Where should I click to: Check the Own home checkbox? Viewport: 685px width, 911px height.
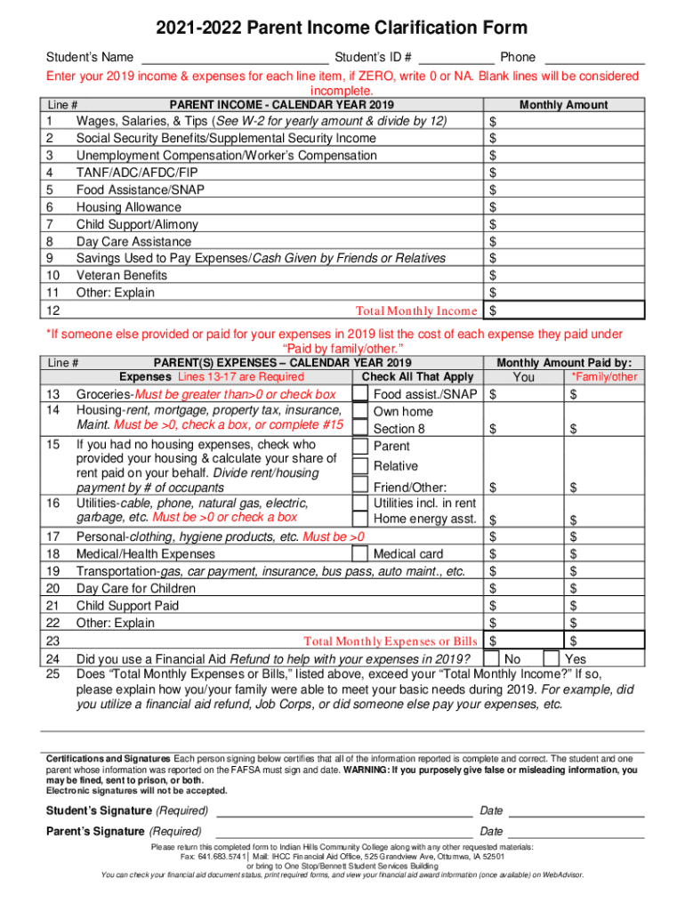359,412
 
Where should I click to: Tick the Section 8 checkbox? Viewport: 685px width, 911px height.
359,429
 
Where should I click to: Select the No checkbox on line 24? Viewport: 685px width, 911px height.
490,658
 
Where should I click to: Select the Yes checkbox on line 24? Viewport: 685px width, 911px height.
551,658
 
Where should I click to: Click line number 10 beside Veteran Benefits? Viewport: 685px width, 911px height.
52,276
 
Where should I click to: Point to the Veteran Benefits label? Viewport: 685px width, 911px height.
121,276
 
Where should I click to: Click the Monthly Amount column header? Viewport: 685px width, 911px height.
563,105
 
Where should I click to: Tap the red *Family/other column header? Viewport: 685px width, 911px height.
604,377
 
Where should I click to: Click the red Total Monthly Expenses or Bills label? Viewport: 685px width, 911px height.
391,641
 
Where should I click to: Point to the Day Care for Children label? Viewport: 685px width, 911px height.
135,589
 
